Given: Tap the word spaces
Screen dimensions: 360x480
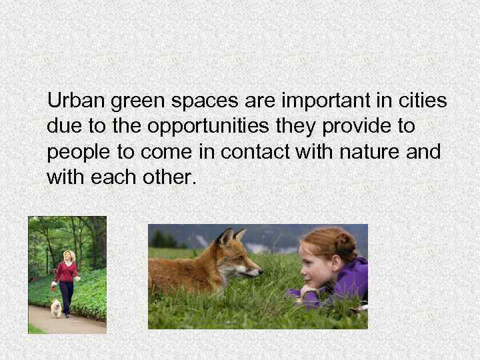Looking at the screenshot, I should (194, 103).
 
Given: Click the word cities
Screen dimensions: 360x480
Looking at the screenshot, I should (423, 101).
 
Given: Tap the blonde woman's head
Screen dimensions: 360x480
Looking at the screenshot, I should (68, 255).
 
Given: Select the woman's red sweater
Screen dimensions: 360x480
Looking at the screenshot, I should (67, 271).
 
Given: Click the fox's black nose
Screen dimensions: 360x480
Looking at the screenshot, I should (259, 272).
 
